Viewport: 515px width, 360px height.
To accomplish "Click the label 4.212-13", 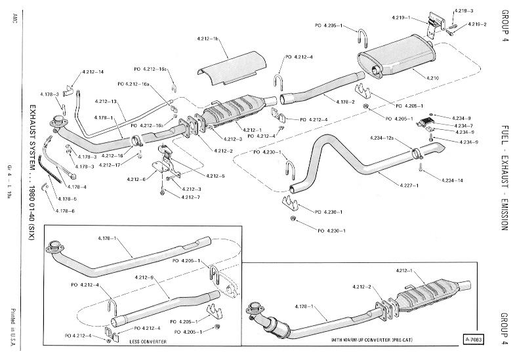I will [x=106, y=102].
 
